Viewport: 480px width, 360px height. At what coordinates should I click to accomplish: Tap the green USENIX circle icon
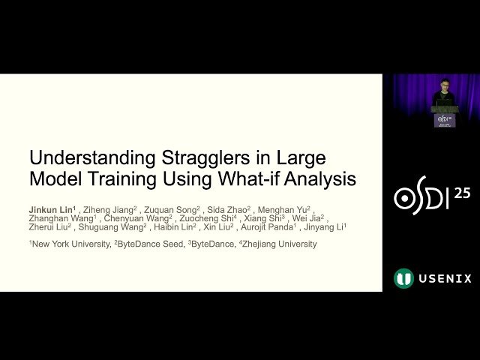pos(403,278)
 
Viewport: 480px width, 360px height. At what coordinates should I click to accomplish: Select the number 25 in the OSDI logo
pos(462,193)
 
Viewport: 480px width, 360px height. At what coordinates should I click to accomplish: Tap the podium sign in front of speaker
pos(444,119)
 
